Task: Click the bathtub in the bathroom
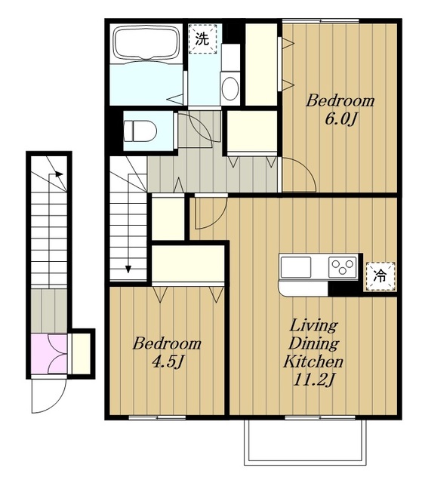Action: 146,42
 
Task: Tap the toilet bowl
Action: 140,131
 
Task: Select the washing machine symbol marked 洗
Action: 202,38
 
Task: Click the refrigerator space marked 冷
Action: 380,276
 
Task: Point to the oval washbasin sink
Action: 229,88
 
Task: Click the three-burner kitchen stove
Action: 342,267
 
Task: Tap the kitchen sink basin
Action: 296,267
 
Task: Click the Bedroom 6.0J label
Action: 340,109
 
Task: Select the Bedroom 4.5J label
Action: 167,352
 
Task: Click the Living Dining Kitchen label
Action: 313,343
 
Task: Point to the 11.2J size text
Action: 313,380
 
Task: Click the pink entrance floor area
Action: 49,354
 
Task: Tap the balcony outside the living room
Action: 305,443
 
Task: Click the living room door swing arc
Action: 217,220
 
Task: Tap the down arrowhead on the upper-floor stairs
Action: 128,269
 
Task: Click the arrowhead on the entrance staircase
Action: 59,174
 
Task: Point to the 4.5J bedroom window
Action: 157,417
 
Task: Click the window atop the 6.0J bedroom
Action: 321,21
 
